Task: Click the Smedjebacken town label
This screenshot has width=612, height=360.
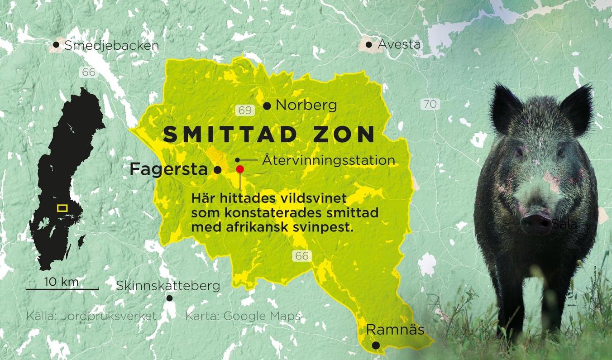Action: pyautogui.click(x=112, y=45)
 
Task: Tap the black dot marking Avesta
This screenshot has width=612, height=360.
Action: pyautogui.click(x=369, y=44)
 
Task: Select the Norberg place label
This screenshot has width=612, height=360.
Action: pyautogui.click(x=306, y=106)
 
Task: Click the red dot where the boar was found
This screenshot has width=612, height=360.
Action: pyautogui.click(x=240, y=169)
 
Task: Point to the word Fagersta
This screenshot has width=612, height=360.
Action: pyautogui.click(x=168, y=170)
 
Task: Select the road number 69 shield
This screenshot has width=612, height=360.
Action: pyautogui.click(x=244, y=110)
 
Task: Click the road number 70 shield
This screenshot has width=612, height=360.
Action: pyautogui.click(x=430, y=104)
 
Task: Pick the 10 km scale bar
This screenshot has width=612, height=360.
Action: pyautogui.click(x=62, y=288)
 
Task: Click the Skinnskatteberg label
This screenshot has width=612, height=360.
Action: pyautogui.click(x=168, y=286)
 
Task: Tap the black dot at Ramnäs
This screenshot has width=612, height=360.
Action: pyautogui.click(x=375, y=346)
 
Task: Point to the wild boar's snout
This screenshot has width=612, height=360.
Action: pyautogui.click(x=536, y=222)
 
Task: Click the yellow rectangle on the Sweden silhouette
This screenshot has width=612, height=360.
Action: pyautogui.click(x=62, y=208)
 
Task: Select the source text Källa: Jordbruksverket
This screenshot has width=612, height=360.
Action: pyautogui.click(x=91, y=316)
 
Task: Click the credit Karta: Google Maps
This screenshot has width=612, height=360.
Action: pyautogui.click(x=243, y=316)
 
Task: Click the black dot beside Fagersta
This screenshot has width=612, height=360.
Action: pyautogui.click(x=217, y=170)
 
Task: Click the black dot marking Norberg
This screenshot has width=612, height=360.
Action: pyautogui.click(x=267, y=106)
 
